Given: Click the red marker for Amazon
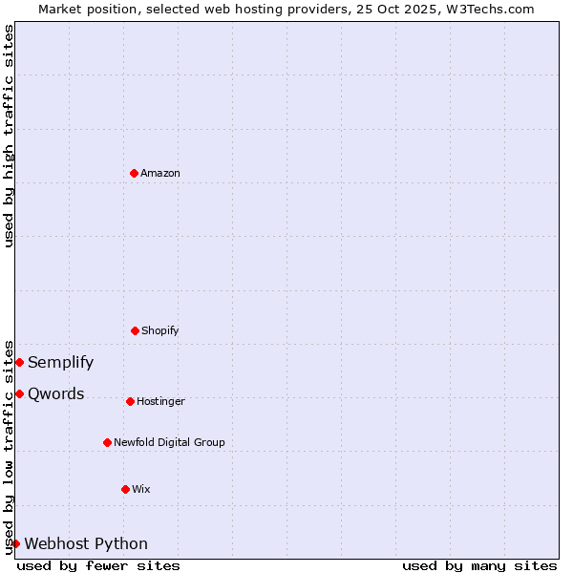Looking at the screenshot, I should [x=134, y=173].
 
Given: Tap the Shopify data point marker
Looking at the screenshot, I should [x=135, y=330].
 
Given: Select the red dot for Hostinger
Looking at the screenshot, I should [x=130, y=401].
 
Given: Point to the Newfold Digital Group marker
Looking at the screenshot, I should [x=107, y=442].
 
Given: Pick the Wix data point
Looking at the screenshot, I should [x=125, y=489].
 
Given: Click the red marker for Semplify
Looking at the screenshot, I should [x=19, y=362].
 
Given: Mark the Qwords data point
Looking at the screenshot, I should [x=19, y=393].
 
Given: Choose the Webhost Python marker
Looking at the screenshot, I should [x=15, y=543].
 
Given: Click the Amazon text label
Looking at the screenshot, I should [x=160, y=173].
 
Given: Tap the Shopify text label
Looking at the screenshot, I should [x=160, y=330].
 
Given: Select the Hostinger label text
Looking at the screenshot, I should [x=160, y=401].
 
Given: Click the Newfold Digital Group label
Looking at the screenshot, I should [x=169, y=442].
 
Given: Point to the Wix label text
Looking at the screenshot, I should [x=141, y=489].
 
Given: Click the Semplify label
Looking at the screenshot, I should [x=61, y=362].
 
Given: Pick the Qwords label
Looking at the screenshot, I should [x=56, y=393].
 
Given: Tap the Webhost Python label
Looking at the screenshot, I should [x=86, y=543].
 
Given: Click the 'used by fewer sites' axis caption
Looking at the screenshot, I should [x=98, y=565].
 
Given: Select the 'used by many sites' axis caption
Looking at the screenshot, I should [x=479, y=565].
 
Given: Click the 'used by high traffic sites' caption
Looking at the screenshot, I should [x=9, y=136].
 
